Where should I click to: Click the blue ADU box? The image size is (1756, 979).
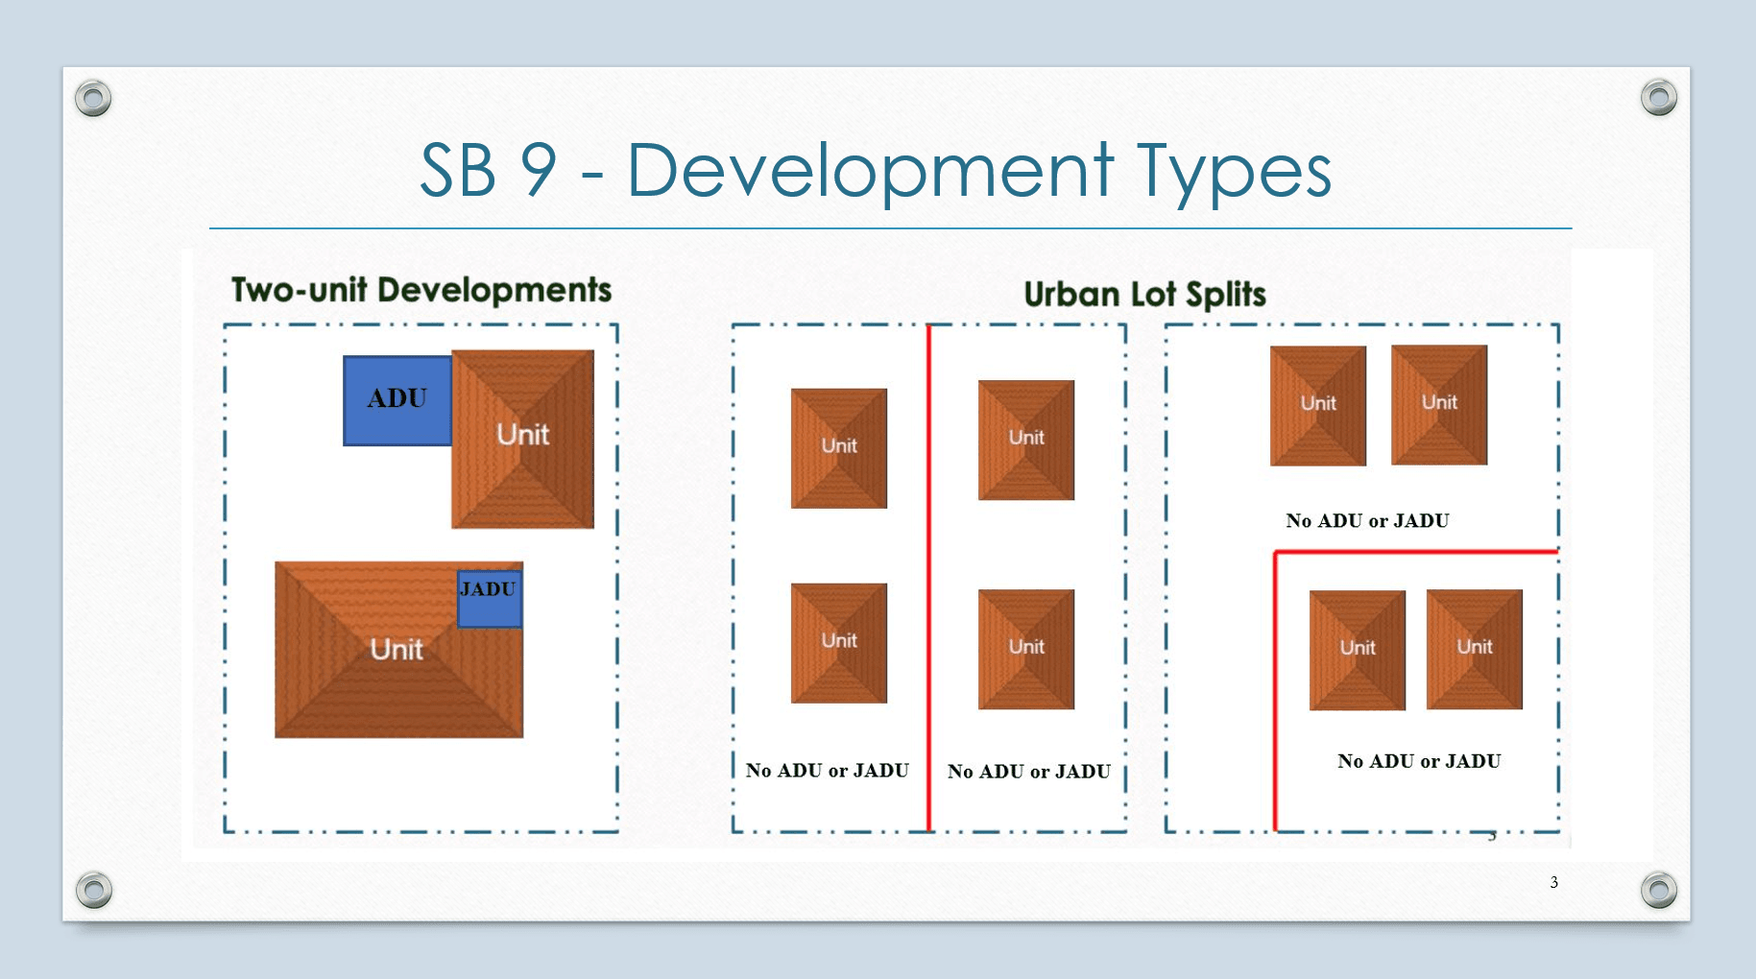coord(397,400)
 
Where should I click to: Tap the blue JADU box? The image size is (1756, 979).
coord(490,598)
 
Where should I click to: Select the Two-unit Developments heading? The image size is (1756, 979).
coord(421,290)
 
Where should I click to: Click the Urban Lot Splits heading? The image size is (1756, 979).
coord(1144,294)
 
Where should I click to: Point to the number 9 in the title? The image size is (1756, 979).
coord(539,171)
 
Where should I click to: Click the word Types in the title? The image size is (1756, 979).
coord(1235,173)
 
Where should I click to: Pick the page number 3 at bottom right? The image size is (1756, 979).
coord(1553,882)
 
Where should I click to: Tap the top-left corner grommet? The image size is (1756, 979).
coord(93,98)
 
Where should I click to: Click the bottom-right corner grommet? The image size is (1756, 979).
coord(1658,890)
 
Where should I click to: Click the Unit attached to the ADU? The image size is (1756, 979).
coord(523,440)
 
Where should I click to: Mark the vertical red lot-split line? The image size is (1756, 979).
coord(929,576)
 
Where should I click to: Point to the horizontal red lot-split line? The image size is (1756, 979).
coord(1415,552)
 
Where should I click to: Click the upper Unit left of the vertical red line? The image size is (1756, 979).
coord(838,448)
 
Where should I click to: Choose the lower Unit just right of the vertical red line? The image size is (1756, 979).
coord(1025,649)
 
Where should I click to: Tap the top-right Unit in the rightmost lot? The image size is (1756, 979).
coord(1438,405)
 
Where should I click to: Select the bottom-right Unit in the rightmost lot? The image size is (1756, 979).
coord(1474,650)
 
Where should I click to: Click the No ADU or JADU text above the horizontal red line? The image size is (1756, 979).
coord(1367,521)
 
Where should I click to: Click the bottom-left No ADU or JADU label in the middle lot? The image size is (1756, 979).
coord(827,771)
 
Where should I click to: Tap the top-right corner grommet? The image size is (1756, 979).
coord(1658,98)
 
